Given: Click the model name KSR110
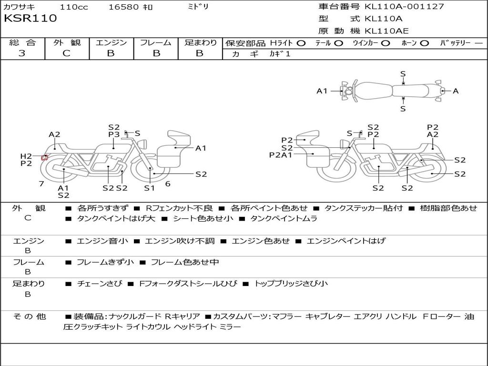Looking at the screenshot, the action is pos(30,19).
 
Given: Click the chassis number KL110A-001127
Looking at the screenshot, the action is pos(404,6).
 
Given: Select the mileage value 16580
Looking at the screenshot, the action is pos(122,7).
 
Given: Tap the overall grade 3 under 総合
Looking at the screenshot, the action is pos(22,53).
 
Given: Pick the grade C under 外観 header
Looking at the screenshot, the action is pos(66,53).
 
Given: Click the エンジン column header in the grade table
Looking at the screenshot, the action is pos(111,42).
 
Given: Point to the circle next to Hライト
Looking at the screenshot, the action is pos(301,43).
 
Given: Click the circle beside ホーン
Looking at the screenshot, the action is pos(425,43).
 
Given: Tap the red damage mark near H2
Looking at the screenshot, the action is pos(44,157).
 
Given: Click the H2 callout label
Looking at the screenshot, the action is pos(26,156).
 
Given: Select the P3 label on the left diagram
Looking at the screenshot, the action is pos(114,134).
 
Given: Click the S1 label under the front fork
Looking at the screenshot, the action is pos(149,188).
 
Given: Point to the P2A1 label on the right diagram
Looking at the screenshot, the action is pos(281,155).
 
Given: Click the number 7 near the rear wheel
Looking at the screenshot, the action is pos(41,183).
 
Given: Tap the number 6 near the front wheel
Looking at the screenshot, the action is pos(168,184).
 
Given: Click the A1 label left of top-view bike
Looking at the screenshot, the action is pos(322,91).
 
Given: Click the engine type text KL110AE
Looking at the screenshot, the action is pos(386,31).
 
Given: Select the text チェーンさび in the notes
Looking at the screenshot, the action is pos(100,284).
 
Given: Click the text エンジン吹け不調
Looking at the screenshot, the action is pos(180,241).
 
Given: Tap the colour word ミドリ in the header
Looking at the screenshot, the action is pos(198,7).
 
